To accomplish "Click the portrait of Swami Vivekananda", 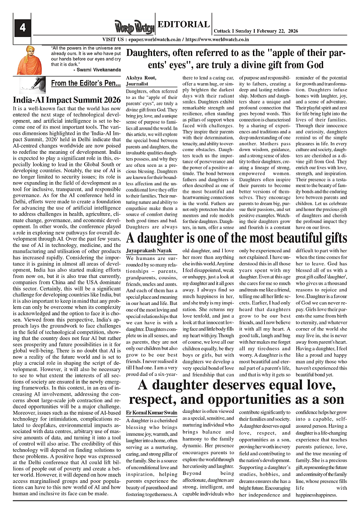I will (30, 61).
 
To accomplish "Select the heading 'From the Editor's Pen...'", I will (85, 83).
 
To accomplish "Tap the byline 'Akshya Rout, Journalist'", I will (141, 80).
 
